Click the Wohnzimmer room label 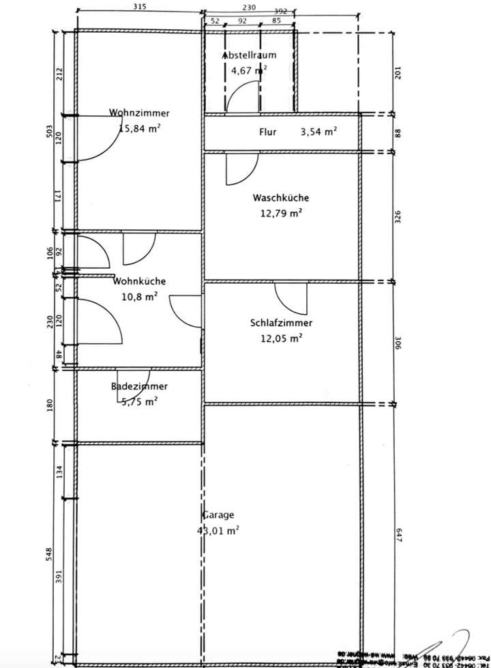(x=139, y=113)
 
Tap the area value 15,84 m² (x=139, y=128)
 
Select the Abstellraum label (x=249, y=55)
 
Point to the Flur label (x=267, y=132)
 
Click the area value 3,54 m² (x=318, y=132)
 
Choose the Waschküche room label (x=280, y=198)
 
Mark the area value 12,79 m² (x=280, y=213)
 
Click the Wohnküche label (x=139, y=281)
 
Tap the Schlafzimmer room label (x=282, y=323)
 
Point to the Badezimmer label (x=139, y=387)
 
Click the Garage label (x=218, y=514)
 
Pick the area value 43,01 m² (x=218, y=529)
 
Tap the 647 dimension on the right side (x=400, y=534)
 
